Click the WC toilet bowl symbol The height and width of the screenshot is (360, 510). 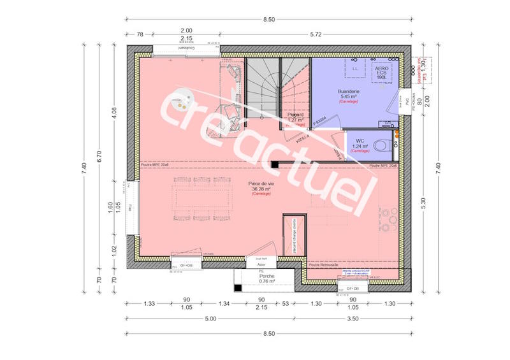pyautogui.click(x=382, y=145)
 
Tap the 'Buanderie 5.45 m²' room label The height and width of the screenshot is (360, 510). pyautogui.click(x=349, y=96)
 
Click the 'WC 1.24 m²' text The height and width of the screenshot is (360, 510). pyautogui.click(x=360, y=143)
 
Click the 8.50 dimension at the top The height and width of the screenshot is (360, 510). pyautogui.click(x=269, y=20)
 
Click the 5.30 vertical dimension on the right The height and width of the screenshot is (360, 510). pyautogui.click(x=423, y=204)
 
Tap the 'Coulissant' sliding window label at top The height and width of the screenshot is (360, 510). pyautogui.click(x=184, y=47)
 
